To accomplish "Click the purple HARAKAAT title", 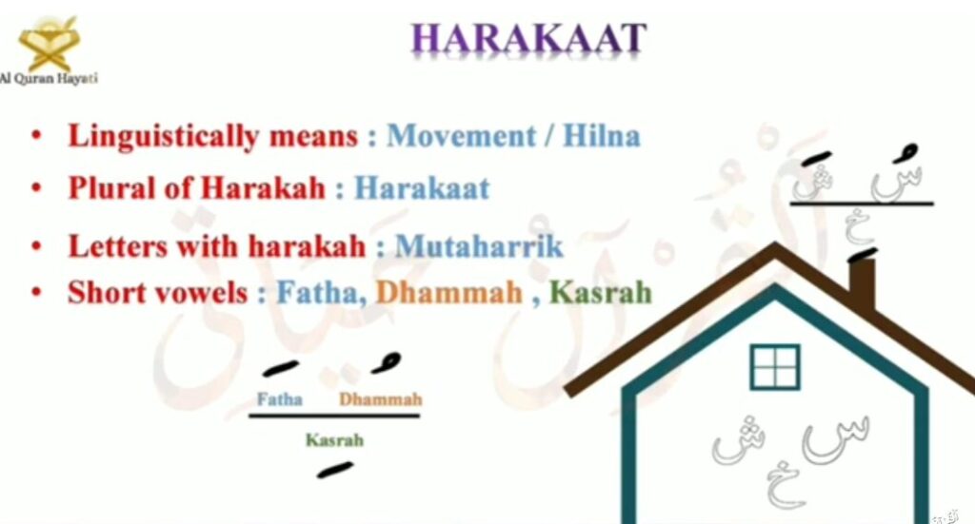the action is tap(528, 38).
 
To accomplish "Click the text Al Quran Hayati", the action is tap(49, 78).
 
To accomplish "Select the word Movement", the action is tap(460, 135).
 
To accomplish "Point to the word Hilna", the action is tap(602, 135).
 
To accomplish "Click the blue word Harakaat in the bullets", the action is tap(422, 188).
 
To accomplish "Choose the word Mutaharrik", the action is tap(479, 246).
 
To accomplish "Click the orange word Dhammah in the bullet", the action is tap(449, 292).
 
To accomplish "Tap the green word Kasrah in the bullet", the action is tap(601, 292).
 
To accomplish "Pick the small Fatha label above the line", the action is tap(279, 398).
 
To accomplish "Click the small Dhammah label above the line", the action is tap(381, 398).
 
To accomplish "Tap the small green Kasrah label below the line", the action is tap(334, 440).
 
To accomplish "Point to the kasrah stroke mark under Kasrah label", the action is tap(334, 471).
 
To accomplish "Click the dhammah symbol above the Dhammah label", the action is tap(387, 363).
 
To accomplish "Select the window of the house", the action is tap(775, 367).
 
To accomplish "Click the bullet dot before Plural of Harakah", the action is tap(37, 187).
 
